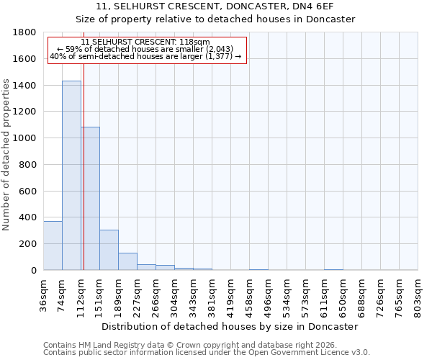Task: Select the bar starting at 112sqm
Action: click(x=90, y=198)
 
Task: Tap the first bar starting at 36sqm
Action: click(x=53, y=246)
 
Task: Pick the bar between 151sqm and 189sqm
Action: click(x=109, y=250)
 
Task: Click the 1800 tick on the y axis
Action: click(x=24, y=32)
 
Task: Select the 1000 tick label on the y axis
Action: click(x=24, y=138)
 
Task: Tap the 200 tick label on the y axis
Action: click(x=27, y=244)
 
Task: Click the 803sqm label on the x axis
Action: click(x=418, y=296)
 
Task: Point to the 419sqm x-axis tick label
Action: click(x=230, y=296)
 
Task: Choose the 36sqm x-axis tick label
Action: click(x=43, y=296)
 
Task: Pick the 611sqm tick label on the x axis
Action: click(x=324, y=296)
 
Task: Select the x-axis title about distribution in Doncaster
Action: click(x=230, y=326)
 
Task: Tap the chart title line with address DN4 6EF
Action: click(x=215, y=6)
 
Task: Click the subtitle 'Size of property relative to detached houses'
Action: click(x=215, y=19)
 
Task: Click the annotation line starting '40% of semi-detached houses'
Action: click(x=146, y=57)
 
